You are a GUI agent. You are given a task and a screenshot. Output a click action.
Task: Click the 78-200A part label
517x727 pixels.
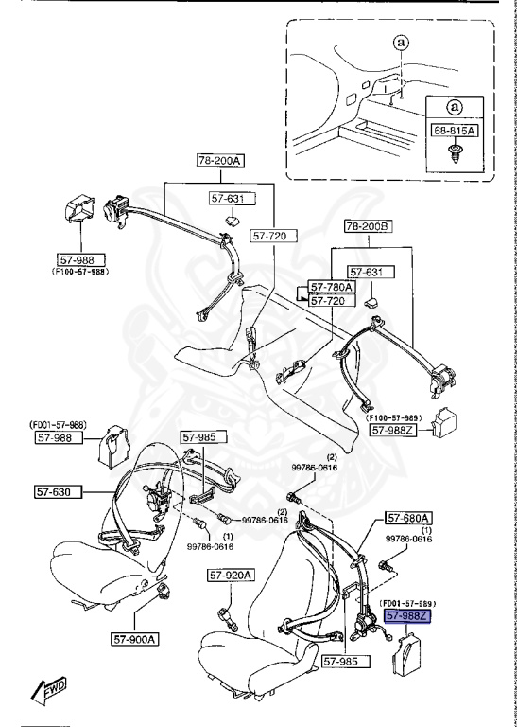221,160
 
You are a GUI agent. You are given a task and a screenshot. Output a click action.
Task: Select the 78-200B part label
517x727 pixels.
369,226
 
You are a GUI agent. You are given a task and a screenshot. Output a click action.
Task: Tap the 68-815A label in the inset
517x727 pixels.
454,131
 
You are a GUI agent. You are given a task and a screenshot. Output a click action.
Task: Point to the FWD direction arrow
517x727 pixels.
49,688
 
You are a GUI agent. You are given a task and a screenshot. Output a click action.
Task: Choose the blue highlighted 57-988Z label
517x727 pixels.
407,615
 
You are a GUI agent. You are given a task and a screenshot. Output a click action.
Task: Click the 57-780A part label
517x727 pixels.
332,288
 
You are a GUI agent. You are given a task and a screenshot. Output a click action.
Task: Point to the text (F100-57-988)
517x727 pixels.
80,272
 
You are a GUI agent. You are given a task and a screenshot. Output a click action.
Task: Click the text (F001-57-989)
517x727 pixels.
407,604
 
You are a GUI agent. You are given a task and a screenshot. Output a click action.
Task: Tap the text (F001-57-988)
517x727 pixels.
58,425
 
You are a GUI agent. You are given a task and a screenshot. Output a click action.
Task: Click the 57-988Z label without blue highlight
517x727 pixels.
393,431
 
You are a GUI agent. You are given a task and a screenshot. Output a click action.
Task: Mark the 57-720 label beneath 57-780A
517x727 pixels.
332,300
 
